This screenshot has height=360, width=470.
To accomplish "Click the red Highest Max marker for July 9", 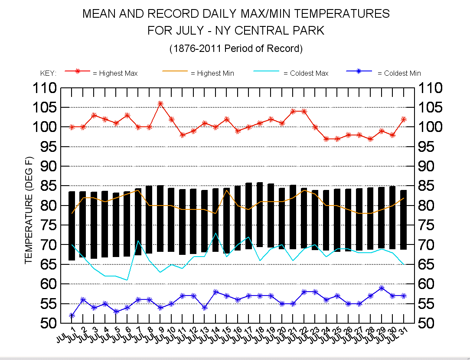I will tap(160, 103).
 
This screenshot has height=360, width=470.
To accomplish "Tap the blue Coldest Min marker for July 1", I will tap(72, 315).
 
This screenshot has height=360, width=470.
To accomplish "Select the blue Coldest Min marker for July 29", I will tap(381, 288).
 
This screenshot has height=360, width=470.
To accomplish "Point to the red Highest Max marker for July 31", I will tap(404, 119).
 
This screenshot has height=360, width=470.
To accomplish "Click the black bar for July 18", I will tap(260, 215).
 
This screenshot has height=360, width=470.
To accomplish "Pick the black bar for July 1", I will tap(72, 226).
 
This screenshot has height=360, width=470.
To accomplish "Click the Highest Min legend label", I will tap(212, 73).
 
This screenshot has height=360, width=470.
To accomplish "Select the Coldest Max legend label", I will tap(306, 73).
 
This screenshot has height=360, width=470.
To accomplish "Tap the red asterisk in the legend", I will tap(78, 71).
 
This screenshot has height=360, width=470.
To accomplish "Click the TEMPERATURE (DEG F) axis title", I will tap(29, 211).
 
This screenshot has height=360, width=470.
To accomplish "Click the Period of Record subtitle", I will tap(235, 48).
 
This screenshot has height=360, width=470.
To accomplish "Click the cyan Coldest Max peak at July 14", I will tap(215, 233).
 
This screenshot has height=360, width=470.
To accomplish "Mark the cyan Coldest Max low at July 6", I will tap(127, 280).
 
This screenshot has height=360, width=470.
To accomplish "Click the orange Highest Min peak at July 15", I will tap(227, 190).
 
